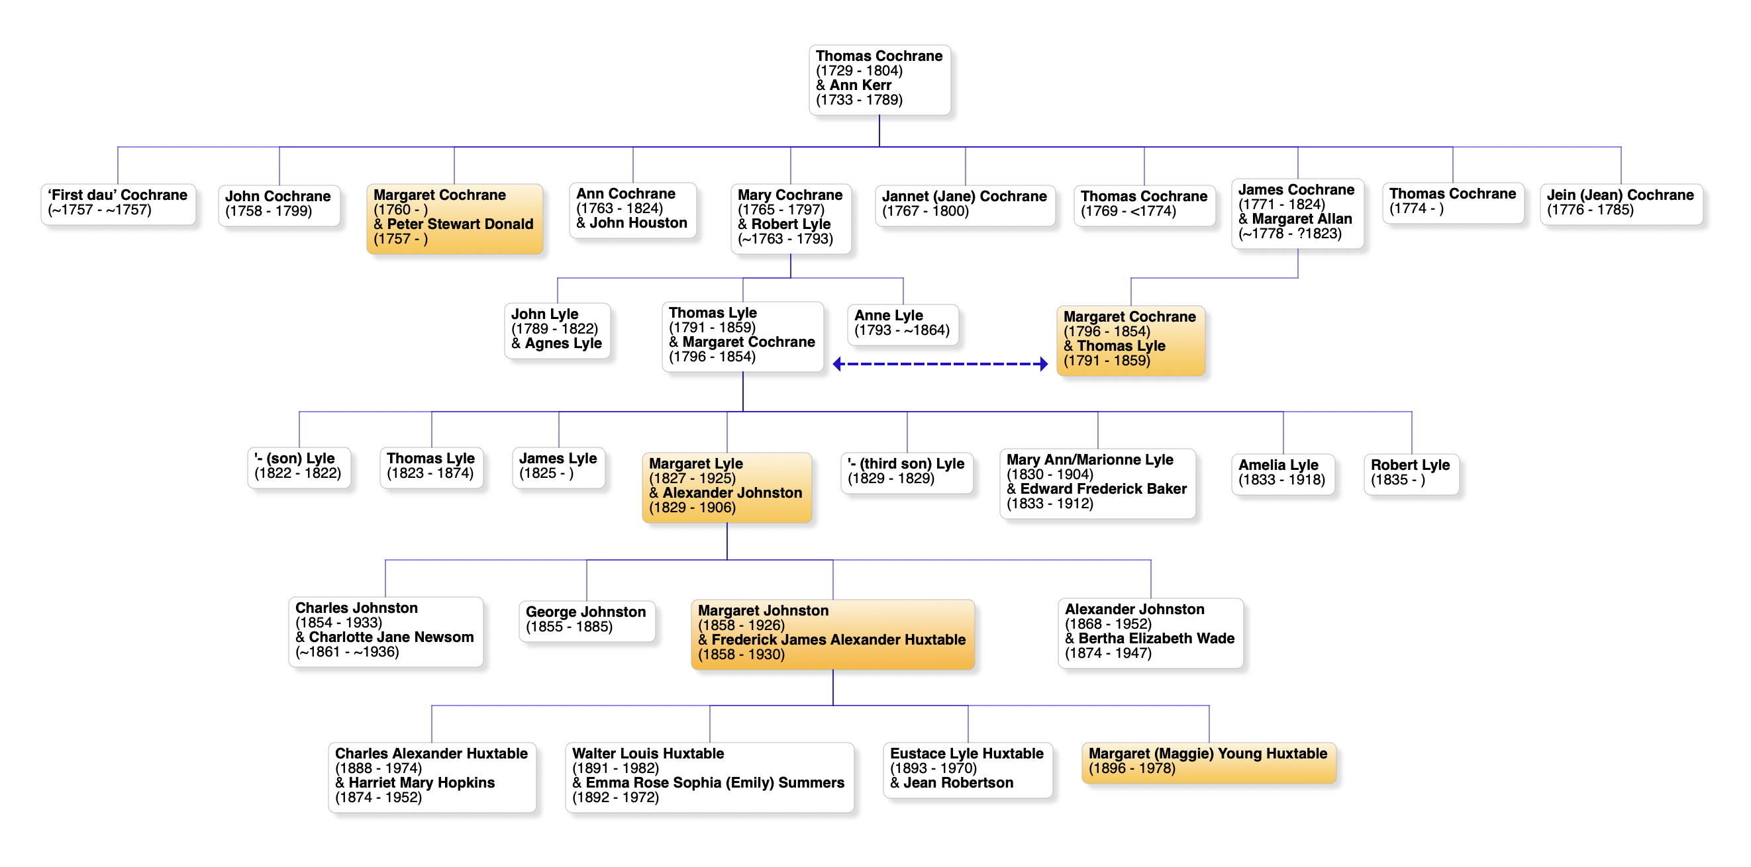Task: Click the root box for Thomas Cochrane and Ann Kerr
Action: [879, 79]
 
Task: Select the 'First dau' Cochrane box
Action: [119, 203]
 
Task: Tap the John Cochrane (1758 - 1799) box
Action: [279, 205]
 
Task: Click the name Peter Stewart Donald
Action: [460, 224]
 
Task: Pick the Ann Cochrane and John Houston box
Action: [632, 209]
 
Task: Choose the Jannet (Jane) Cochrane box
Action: [964, 205]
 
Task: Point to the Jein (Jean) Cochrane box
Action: [1621, 203]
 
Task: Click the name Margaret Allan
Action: [1302, 219]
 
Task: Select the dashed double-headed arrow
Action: [940, 364]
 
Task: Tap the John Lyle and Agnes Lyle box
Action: [557, 330]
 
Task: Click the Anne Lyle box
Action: [902, 324]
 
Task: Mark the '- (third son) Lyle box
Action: [906, 471]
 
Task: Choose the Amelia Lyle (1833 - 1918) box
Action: [1282, 473]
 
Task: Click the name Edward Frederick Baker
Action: [1103, 489]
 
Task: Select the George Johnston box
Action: [586, 619]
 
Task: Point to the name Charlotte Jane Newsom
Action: [391, 637]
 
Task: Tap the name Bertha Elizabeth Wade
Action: [1156, 639]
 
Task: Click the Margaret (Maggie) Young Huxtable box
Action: [1208, 762]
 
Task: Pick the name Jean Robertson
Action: [958, 783]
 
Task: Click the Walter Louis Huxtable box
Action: [709, 776]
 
